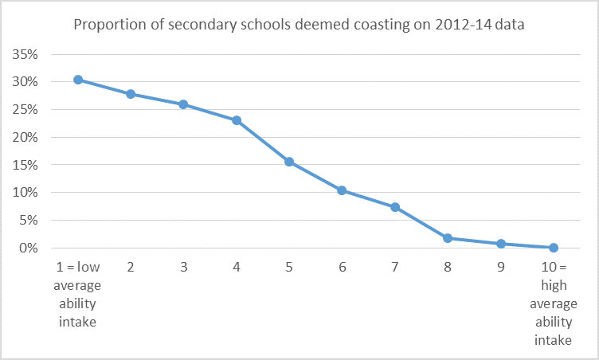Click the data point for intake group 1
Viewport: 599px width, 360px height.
(78, 80)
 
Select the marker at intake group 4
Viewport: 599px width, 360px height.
(237, 120)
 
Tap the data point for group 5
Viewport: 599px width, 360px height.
(289, 162)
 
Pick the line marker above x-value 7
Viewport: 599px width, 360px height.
(395, 207)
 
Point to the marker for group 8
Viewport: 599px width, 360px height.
(448, 238)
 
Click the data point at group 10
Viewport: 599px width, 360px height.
(554, 248)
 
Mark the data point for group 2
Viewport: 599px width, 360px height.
(131, 94)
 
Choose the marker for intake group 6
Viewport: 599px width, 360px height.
(343, 190)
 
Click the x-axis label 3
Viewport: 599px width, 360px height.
(183, 268)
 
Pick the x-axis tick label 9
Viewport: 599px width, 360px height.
(501, 268)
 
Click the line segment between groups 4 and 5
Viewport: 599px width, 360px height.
(263, 141)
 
